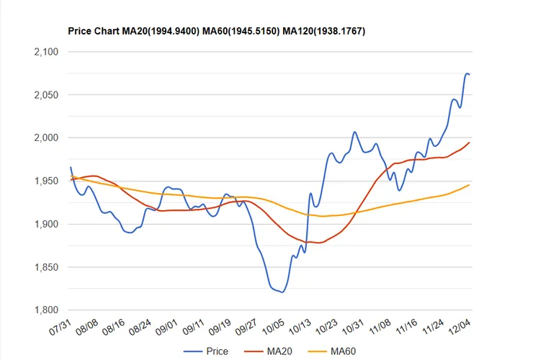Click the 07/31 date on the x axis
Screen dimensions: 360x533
coord(60,327)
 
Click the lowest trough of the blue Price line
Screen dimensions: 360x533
coord(282,292)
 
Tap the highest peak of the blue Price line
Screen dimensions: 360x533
coord(467,73)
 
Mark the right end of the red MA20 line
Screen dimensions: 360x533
coord(470,143)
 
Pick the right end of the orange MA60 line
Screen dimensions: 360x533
coord(470,185)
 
